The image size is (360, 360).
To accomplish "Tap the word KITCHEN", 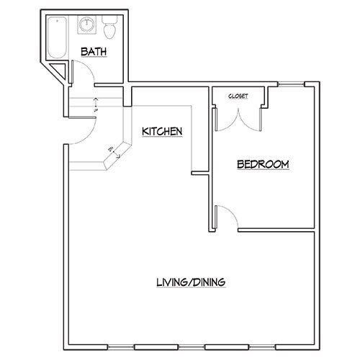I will [x=161, y=132].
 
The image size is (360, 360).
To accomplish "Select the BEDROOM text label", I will [x=264, y=165].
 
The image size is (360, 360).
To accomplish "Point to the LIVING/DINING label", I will [x=191, y=282].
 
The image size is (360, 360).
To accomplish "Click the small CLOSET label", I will [x=238, y=95].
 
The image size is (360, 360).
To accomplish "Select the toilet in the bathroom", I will [x=109, y=29].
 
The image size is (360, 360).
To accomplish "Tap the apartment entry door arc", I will [x=79, y=130].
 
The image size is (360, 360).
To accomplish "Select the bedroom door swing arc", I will [x=227, y=216].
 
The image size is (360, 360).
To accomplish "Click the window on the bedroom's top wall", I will [x=291, y=84].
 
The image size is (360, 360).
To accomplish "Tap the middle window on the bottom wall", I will [x=189, y=341].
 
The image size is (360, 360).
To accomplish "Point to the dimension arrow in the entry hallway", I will [x=96, y=104].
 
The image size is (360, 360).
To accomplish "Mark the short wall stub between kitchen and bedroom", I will [x=199, y=172].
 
